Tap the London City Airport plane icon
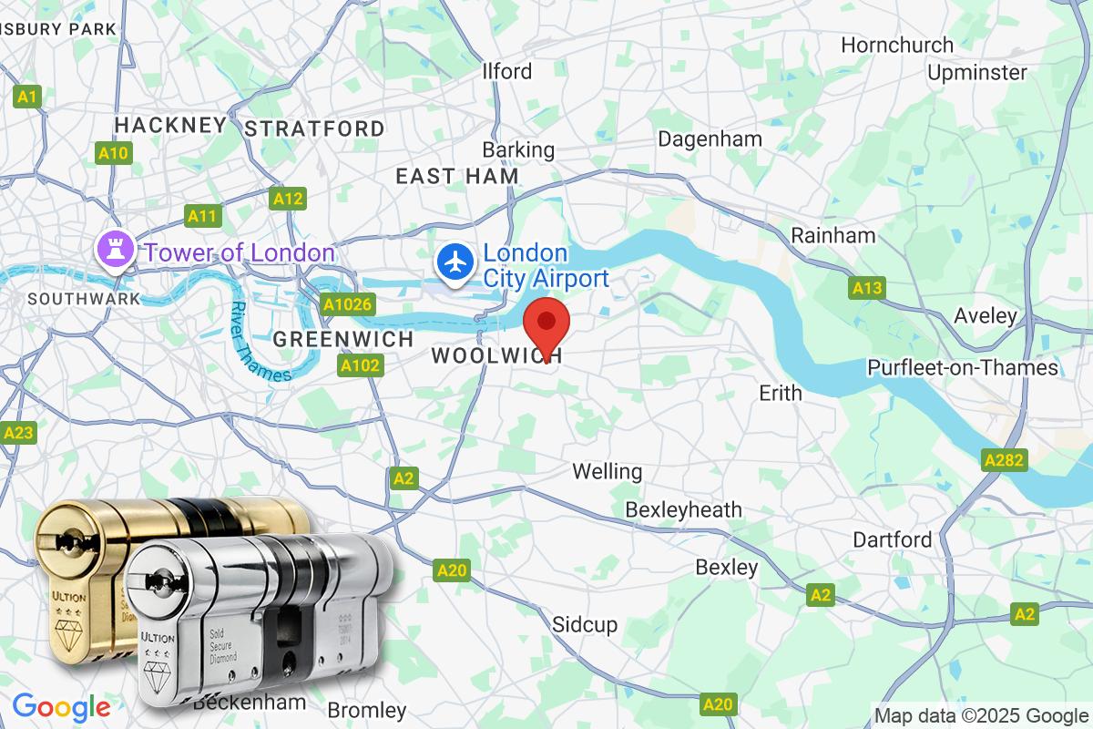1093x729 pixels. [454, 262]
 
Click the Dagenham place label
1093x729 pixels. [710, 139]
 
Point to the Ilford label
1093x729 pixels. [507, 71]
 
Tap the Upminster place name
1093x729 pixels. [976, 72]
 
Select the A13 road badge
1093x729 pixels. [867, 288]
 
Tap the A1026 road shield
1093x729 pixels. [347, 304]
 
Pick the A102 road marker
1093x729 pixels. [360, 365]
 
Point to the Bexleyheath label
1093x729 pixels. [683, 509]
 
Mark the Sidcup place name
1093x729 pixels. [585, 624]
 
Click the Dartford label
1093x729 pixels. [892, 539]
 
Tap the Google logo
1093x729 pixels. [61, 707]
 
